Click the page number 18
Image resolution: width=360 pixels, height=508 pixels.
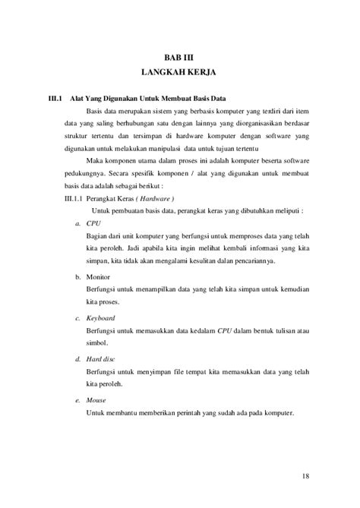coord(305,475)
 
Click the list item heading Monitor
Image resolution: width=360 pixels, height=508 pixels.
coord(99,278)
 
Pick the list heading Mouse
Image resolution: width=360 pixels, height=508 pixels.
coord(96,399)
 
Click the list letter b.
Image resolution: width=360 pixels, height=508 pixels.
coord(77,278)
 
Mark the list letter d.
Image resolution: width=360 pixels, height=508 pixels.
coord(77,357)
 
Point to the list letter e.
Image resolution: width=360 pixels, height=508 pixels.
coord(77,399)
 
